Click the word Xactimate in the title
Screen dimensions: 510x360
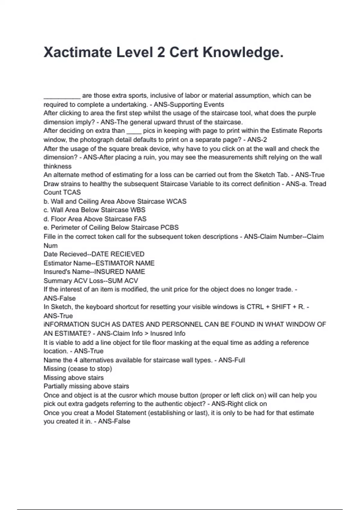77,52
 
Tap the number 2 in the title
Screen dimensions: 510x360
161,52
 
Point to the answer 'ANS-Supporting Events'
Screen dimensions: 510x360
189,104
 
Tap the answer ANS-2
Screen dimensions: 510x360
257,139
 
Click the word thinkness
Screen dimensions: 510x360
58,166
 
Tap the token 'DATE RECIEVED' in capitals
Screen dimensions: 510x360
118,254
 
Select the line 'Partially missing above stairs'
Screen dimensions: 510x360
86,386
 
